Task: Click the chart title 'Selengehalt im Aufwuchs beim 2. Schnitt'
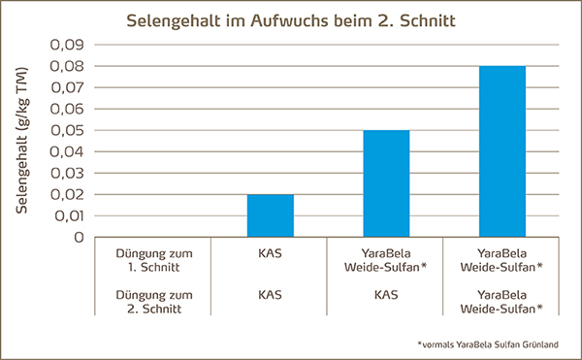tap(291, 19)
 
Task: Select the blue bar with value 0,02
tap(270, 215)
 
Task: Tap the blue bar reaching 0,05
tap(386, 183)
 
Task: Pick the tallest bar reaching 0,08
tap(501, 151)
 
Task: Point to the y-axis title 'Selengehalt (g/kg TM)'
tap(21, 142)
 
